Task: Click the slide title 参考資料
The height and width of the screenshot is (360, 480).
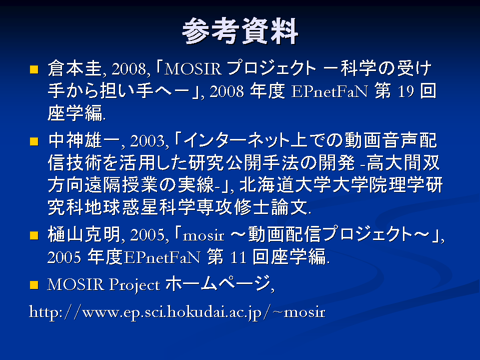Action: pyautogui.click(x=240, y=31)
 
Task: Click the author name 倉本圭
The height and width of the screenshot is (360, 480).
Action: pyautogui.click(x=74, y=68)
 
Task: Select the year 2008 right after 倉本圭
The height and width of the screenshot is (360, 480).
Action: pyautogui.click(x=129, y=69)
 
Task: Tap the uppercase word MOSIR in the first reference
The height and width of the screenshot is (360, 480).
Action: pyautogui.click(x=193, y=68)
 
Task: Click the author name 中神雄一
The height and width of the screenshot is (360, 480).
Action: pyautogui.click(x=84, y=140)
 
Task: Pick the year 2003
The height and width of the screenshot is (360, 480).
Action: pyautogui.click(x=147, y=141)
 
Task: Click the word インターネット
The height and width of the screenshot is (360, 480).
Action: pyautogui.click(x=236, y=140)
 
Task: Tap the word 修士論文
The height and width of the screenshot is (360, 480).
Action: pyautogui.click(x=271, y=207)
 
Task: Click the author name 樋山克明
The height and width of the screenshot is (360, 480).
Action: pyautogui.click(x=84, y=235)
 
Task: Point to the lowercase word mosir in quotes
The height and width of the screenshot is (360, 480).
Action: pyautogui.click(x=203, y=235)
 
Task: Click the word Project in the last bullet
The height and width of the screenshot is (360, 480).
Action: pyautogui.click(x=134, y=285)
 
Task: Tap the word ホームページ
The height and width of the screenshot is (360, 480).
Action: pyautogui.click(x=218, y=283)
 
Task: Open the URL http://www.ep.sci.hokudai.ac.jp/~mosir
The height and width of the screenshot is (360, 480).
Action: pyautogui.click(x=177, y=312)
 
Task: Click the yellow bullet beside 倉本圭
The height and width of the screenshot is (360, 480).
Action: pyautogui.click(x=34, y=69)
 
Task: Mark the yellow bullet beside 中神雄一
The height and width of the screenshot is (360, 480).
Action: pyautogui.click(x=34, y=141)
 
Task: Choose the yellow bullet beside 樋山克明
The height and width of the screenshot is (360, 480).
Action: pyautogui.click(x=34, y=235)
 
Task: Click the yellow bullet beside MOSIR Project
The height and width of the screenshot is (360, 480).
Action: pyautogui.click(x=34, y=285)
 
